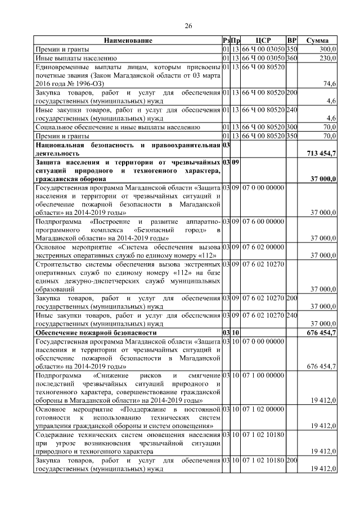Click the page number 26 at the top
click(x=188, y=25)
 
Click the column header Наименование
click(x=128, y=41)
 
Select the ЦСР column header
click(x=263, y=41)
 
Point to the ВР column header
click(x=291, y=41)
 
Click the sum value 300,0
click(x=327, y=49)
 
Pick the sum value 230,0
click(x=327, y=57)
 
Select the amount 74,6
click(x=329, y=83)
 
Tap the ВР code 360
click(x=291, y=57)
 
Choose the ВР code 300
click(x=291, y=127)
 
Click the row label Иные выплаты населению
click(x=76, y=57)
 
